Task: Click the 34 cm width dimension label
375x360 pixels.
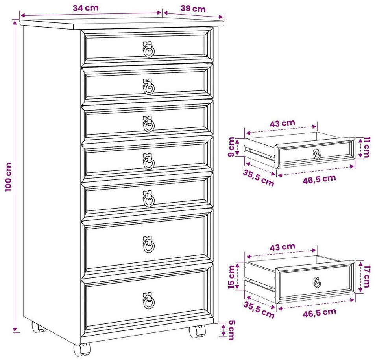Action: (86, 8)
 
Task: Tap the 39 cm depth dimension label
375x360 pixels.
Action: (193, 9)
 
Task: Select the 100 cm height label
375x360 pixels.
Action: (8, 177)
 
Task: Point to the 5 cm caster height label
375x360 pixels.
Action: (231, 330)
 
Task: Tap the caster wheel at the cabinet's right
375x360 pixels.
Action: (197, 331)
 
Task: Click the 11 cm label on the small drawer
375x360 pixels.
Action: (366, 147)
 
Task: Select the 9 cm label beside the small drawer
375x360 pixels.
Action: (231, 147)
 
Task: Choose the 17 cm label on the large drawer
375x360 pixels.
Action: (366, 277)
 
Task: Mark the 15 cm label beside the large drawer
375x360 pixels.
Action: (231, 277)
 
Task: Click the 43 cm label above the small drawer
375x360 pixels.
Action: (282, 124)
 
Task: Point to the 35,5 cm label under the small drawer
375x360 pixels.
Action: (259, 178)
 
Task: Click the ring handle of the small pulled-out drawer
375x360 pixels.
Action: (317, 154)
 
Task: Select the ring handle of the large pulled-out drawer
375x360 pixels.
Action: (317, 282)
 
